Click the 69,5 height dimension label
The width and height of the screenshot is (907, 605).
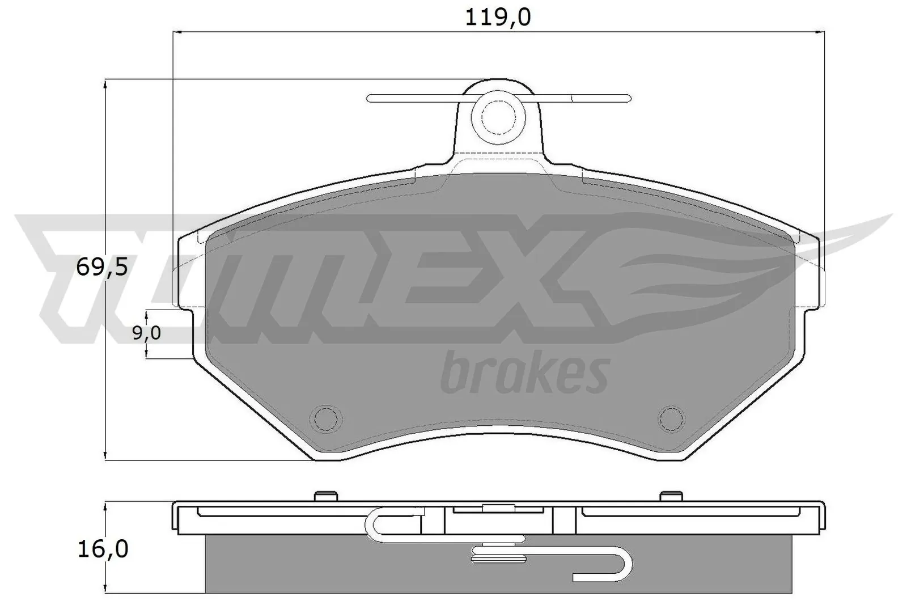click(102, 266)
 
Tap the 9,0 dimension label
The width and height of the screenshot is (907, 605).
click(146, 333)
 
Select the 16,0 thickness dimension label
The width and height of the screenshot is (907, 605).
click(102, 549)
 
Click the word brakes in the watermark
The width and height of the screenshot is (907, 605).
click(524, 373)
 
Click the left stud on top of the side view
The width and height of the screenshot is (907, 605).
click(325, 496)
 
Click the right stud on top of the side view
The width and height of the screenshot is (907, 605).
click(671, 496)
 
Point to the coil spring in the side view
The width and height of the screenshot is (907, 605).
click(499, 553)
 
